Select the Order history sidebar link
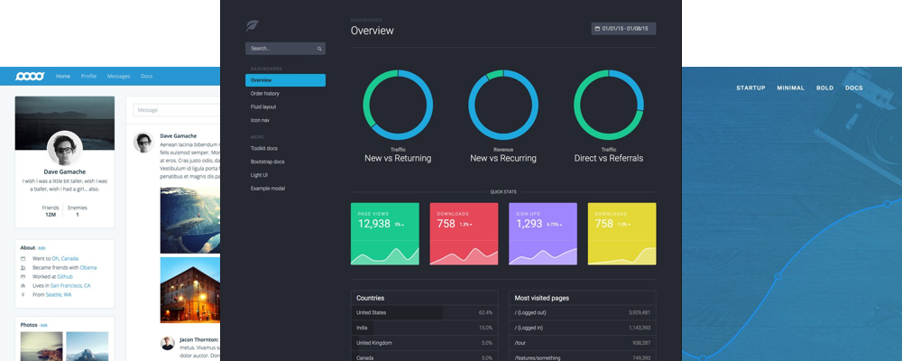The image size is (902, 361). click(x=265, y=93)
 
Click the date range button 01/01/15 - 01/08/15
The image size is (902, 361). click(x=623, y=29)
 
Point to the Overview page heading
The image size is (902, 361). click(x=372, y=31)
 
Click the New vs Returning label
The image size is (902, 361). click(x=398, y=158)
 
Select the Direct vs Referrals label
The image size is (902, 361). click(x=609, y=158)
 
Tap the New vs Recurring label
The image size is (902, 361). click(x=503, y=158)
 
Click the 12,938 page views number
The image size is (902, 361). click(x=373, y=224)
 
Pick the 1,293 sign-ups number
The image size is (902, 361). click(x=529, y=224)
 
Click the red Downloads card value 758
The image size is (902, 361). click(x=446, y=224)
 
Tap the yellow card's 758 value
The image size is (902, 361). click(x=603, y=224)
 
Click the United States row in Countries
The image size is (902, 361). click(x=371, y=312)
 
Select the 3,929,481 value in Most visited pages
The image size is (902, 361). click(x=633, y=312)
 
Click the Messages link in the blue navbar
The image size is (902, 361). click(x=118, y=76)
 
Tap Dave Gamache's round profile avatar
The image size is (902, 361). click(x=64, y=148)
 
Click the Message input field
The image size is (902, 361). click(x=177, y=110)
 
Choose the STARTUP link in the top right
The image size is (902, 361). click(x=750, y=88)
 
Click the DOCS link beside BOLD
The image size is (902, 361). click(x=853, y=88)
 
